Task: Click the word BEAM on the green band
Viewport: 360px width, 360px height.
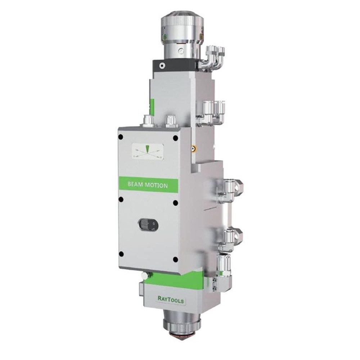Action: tap(135, 184)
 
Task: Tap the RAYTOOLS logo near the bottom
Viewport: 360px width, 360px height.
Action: tap(171, 300)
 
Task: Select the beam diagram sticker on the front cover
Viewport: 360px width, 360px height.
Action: tap(148, 152)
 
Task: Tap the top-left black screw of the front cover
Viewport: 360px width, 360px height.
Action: tap(121, 138)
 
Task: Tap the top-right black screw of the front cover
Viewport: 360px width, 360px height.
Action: tap(175, 138)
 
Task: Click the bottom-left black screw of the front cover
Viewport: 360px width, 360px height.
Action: tap(121, 254)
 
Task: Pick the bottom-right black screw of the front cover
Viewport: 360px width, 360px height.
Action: tap(175, 260)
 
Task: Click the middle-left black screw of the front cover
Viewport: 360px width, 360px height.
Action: tap(121, 199)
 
